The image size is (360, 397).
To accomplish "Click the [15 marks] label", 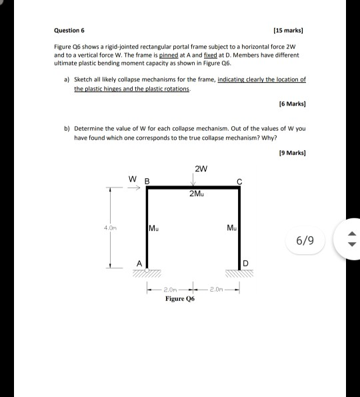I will (x=287, y=31).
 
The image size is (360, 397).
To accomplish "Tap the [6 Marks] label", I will (x=293, y=104).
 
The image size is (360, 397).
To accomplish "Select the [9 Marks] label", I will (x=293, y=153).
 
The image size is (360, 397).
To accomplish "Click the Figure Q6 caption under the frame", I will (x=180, y=300).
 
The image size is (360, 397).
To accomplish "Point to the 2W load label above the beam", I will (x=200, y=167).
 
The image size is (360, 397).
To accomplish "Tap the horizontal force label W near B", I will (x=133, y=178).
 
